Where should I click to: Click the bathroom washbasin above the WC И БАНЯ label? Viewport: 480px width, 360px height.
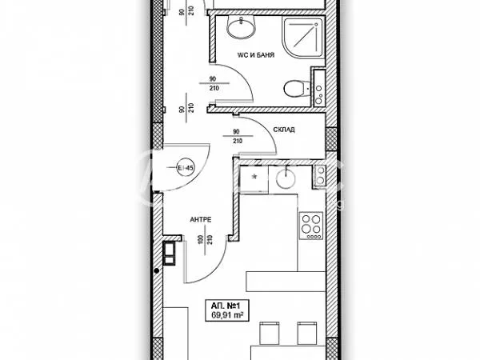click(x=240, y=30)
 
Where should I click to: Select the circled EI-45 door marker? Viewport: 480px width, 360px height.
click(x=185, y=168)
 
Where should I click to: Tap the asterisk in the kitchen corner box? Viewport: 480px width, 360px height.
click(x=254, y=176)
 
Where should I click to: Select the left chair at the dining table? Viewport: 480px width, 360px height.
click(x=267, y=333)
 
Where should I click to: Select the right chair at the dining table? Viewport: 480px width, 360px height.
click(x=305, y=333)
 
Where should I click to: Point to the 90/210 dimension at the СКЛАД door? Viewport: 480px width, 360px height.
click(x=236, y=136)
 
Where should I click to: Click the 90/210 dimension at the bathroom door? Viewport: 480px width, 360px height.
click(x=213, y=83)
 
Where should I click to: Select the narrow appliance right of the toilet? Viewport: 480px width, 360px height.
click(x=318, y=89)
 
